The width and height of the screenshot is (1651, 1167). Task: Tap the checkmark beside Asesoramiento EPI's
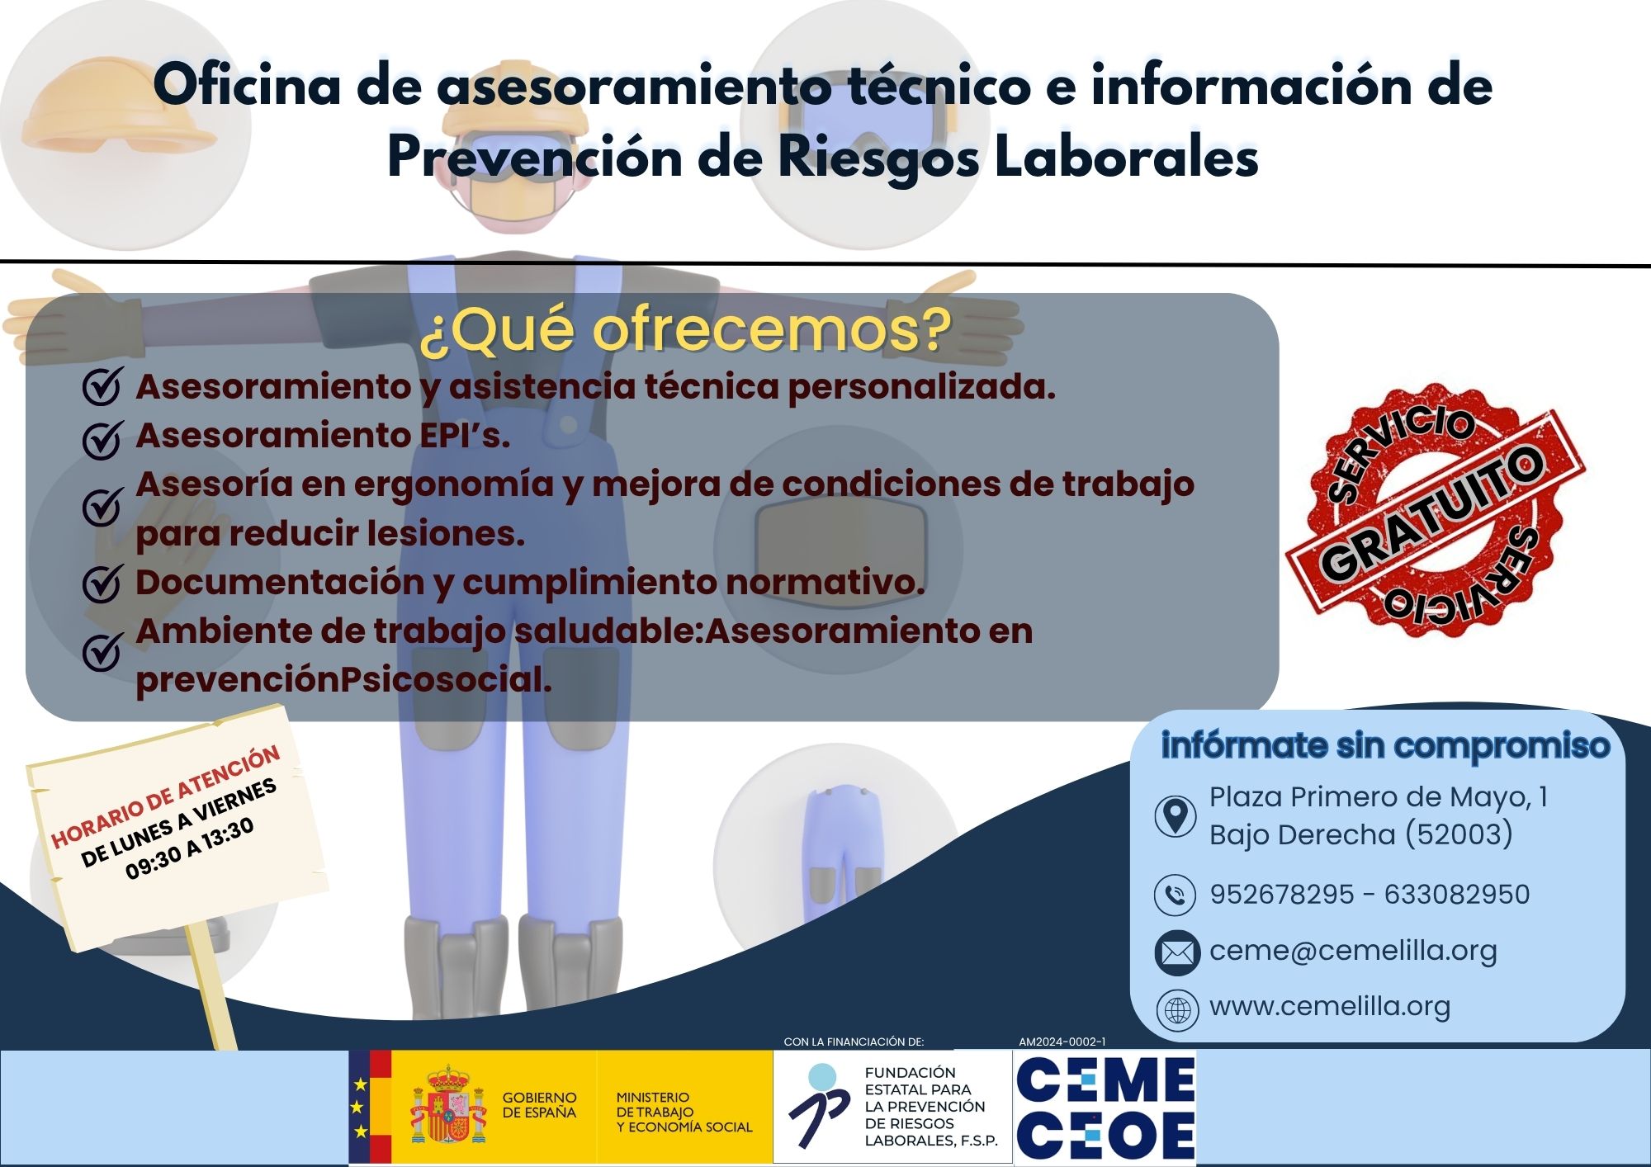tap(103, 437)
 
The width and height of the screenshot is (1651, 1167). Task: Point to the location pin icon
tap(1175, 816)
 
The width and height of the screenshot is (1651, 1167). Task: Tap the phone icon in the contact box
tap(1175, 895)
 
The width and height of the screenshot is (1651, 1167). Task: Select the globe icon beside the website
tap(1176, 1009)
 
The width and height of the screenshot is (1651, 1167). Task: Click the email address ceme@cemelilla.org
tap(1353, 952)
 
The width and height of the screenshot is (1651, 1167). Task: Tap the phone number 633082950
tap(1457, 895)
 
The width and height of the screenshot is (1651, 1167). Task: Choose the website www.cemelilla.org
tap(1330, 1007)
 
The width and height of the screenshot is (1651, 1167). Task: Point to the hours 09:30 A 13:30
tap(190, 849)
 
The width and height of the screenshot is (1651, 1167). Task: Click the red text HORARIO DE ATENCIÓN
tap(166, 796)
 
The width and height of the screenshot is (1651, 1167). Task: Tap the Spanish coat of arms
tap(449, 1105)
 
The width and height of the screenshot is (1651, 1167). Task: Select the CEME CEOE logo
tap(1105, 1108)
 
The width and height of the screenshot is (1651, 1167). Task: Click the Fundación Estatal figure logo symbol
tap(818, 1105)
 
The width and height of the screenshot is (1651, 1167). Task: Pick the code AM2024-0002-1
tap(1062, 1042)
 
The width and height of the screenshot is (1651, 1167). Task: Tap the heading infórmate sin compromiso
tap(1385, 746)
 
